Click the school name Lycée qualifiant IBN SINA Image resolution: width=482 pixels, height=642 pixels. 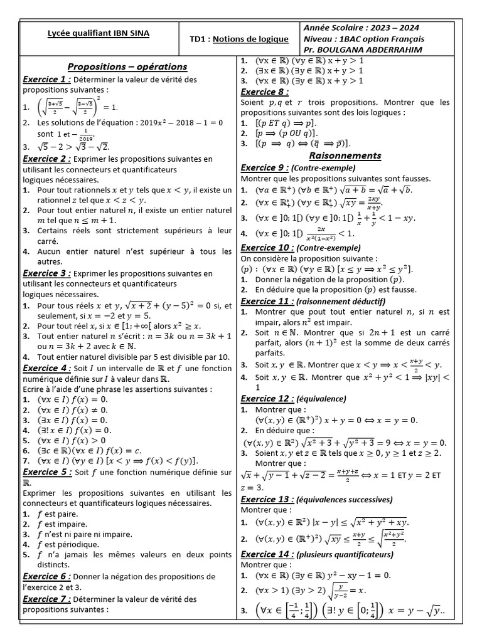point(99,33)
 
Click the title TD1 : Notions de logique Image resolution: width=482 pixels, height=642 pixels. point(239,39)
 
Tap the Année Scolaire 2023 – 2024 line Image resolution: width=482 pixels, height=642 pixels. point(361,28)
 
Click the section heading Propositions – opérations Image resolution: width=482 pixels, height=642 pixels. point(127,66)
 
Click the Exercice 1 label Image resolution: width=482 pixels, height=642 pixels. point(46,80)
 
